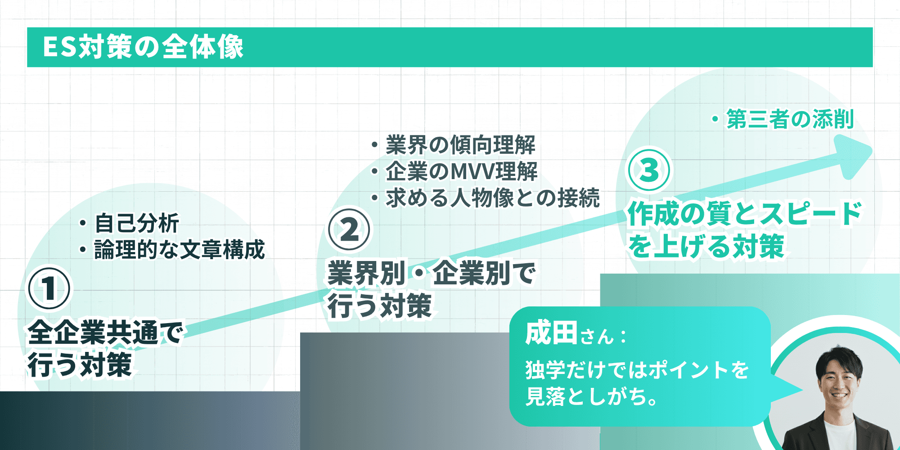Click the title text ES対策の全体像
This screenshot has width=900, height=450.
point(143,47)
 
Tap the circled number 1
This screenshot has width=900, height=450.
point(49,288)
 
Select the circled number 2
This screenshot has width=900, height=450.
point(349,229)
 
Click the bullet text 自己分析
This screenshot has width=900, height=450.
point(137,223)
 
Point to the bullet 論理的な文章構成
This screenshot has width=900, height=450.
point(179,250)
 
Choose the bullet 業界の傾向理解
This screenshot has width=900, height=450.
point(460,145)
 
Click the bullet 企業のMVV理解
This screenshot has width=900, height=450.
point(461,171)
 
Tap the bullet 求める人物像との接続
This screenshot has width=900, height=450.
point(492,198)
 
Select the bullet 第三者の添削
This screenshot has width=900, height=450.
point(790,119)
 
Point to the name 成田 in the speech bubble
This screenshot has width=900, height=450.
point(551,334)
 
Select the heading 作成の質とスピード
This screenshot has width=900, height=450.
point(745,213)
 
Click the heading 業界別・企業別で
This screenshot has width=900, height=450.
point(431,274)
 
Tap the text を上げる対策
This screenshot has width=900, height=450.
point(706,247)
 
